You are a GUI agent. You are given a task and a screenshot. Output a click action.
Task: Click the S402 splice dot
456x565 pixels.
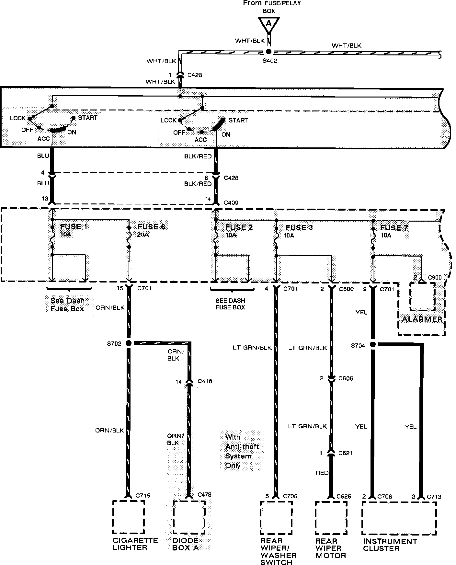coord(268,52)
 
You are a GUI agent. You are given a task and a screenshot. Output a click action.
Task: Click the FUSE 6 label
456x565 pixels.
coord(151,227)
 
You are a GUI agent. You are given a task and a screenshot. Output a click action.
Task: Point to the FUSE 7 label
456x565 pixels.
coord(394,228)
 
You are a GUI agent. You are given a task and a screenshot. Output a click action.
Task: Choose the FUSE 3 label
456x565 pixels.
coord(299,227)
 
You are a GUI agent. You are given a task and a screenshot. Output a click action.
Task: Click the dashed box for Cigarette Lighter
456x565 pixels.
coord(129,517)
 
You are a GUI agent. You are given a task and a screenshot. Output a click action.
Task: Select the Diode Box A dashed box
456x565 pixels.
coord(189,517)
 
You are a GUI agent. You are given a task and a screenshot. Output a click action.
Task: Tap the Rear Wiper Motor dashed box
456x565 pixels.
coord(331,518)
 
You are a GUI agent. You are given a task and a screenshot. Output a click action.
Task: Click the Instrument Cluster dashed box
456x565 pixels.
coord(399,518)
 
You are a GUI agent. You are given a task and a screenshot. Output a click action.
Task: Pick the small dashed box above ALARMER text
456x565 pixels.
coord(423,296)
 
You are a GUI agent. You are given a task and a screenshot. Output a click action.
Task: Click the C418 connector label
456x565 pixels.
coord(205,381)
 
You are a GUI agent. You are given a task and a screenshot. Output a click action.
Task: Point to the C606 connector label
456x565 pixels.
coord(346,378)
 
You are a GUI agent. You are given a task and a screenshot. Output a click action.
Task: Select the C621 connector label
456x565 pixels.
coord(346,453)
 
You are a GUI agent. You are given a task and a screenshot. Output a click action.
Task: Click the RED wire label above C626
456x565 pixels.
coord(322,473)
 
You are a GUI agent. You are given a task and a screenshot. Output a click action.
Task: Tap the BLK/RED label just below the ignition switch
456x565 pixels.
coord(198,156)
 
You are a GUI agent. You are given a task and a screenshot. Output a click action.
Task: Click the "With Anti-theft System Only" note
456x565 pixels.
coord(242,451)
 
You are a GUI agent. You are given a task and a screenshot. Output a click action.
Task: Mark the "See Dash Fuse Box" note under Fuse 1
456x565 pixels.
coord(67,305)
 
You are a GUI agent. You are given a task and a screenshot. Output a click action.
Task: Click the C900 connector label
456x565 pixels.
coord(435,278)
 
